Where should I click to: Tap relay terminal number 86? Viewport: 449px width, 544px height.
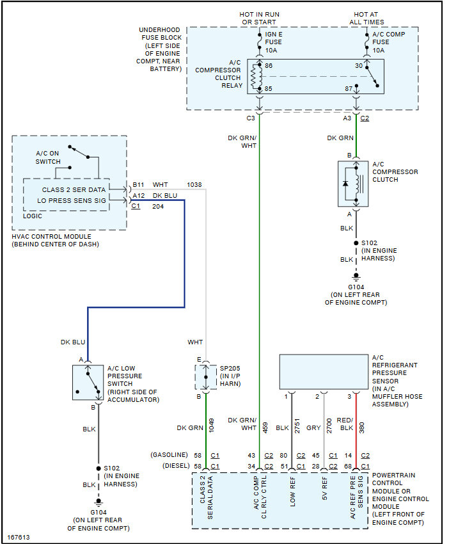(x=269, y=66)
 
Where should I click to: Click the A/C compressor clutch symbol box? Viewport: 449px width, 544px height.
(x=354, y=184)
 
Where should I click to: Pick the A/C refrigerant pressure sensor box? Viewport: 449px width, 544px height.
(x=324, y=371)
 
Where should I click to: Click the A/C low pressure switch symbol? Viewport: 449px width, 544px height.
(x=88, y=382)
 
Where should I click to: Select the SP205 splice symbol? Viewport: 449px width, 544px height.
(x=205, y=377)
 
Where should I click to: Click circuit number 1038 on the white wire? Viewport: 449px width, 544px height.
(x=194, y=185)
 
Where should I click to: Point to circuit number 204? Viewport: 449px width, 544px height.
(x=158, y=207)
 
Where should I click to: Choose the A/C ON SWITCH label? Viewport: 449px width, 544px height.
(x=49, y=157)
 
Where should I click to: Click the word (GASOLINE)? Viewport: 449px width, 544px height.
(x=169, y=455)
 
